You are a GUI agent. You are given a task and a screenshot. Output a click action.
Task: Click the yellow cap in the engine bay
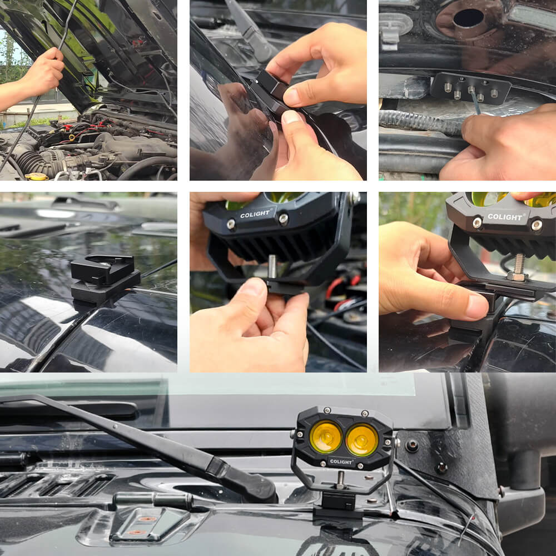click(37, 176)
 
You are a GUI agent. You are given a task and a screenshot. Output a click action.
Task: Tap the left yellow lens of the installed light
click(326, 436)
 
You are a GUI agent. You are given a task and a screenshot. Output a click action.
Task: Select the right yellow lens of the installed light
click(361, 440)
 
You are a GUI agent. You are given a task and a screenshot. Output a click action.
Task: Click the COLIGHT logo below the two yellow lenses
click(340, 461)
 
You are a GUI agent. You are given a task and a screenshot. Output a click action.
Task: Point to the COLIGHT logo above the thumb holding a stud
click(255, 214)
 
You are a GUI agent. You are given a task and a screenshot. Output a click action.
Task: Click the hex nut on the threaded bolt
click(517, 276)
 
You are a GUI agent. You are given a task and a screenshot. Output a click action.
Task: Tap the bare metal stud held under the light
click(273, 266)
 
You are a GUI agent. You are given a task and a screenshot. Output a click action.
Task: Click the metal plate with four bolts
click(470, 87)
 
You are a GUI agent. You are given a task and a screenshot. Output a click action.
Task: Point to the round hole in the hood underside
click(468, 18)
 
